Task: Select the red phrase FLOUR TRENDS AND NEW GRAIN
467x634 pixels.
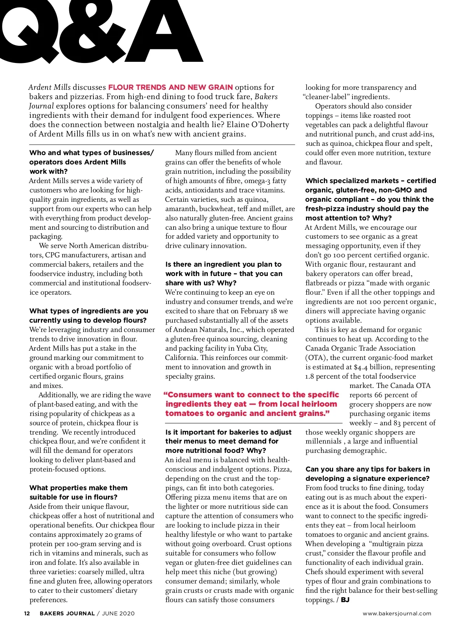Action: (170, 87)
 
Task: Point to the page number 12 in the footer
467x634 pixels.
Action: (27, 613)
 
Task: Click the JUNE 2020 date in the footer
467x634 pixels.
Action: (118, 613)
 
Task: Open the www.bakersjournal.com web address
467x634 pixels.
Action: (397, 613)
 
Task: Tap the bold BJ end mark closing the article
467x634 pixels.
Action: (345, 600)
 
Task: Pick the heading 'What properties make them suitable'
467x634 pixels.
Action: (78, 492)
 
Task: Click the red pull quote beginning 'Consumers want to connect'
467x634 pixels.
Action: (251, 404)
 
